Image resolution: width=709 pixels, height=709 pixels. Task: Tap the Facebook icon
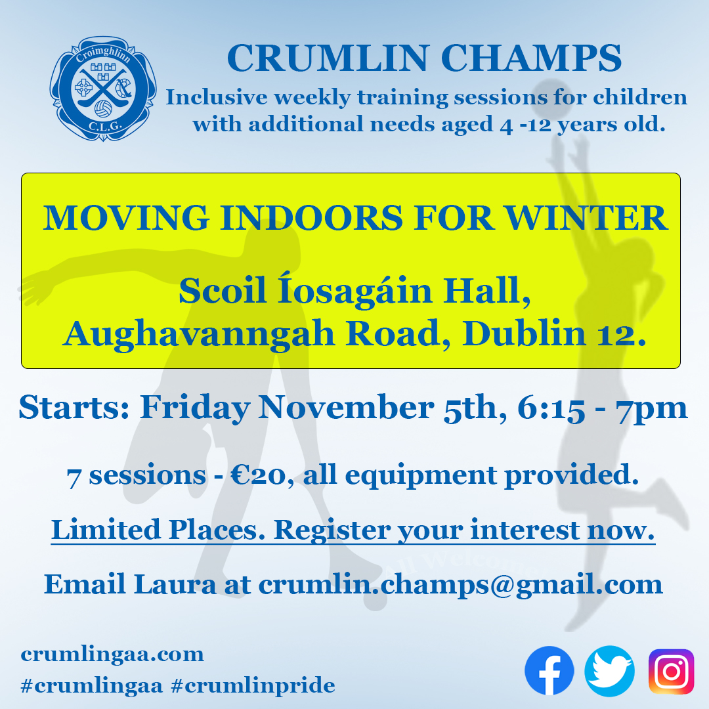coord(549,671)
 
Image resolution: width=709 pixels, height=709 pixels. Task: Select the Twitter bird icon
coord(609,671)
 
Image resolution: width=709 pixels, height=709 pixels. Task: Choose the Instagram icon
coord(670,671)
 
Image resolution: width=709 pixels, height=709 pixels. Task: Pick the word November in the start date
coord(344,408)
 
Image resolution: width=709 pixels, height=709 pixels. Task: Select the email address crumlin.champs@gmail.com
coord(460,584)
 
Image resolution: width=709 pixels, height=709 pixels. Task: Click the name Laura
coord(175,584)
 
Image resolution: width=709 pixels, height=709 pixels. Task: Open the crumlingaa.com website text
coord(112,654)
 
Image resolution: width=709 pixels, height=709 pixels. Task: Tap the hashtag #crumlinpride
coord(253,686)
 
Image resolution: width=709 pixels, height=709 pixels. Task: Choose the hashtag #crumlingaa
coord(92,686)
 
